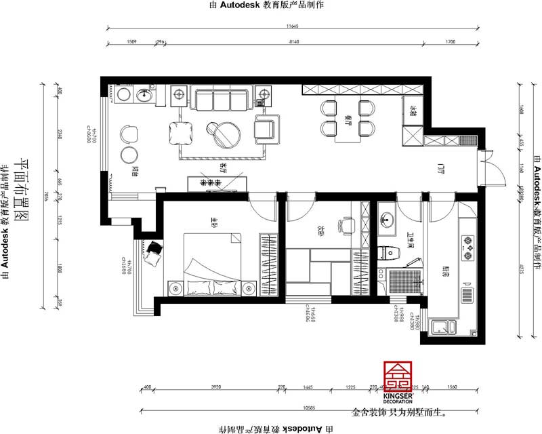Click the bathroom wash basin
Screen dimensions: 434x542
click(386, 219)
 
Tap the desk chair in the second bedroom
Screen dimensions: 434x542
click(348, 224)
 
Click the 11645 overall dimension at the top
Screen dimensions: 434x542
click(292, 26)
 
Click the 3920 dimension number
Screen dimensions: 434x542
click(215, 387)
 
